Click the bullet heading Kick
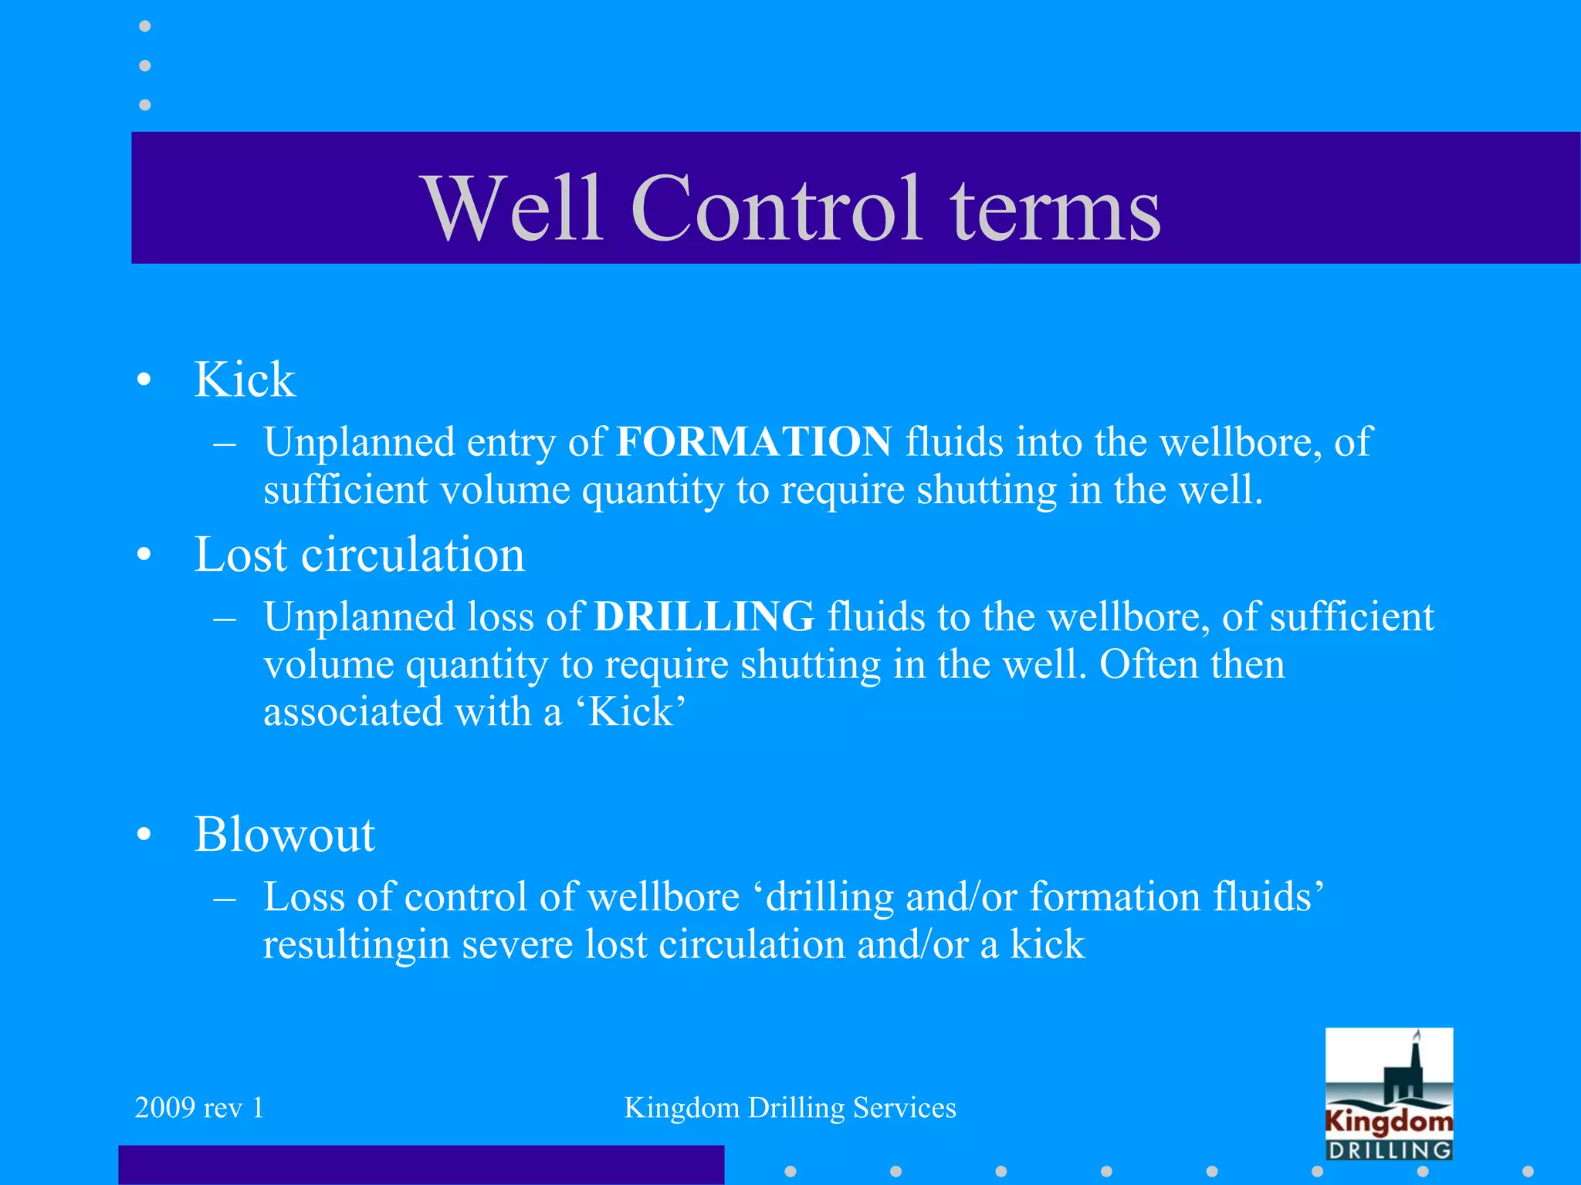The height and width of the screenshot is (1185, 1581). pyautogui.click(x=245, y=380)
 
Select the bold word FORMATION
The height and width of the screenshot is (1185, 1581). pyautogui.click(x=753, y=442)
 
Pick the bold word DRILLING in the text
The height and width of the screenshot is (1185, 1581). pyautogui.click(x=704, y=617)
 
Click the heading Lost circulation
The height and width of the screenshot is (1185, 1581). pyautogui.click(x=359, y=555)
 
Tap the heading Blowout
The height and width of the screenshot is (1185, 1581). pyautogui.click(x=284, y=835)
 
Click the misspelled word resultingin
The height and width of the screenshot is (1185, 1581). pyautogui.click(x=356, y=945)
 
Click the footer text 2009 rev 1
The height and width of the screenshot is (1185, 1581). pyautogui.click(x=199, y=1108)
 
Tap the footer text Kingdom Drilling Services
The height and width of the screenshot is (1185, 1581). pyautogui.click(x=790, y=1108)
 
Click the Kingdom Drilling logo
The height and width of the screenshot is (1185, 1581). pyautogui.click(x=1389, y=1094)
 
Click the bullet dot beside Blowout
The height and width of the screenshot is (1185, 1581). pyautogui.click(x=144, y=836)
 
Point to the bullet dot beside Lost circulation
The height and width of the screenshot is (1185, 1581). pyautogui.click(x=144, y=555)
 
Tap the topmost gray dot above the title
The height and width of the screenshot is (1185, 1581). pyautogui.click(x=144, y=26)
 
